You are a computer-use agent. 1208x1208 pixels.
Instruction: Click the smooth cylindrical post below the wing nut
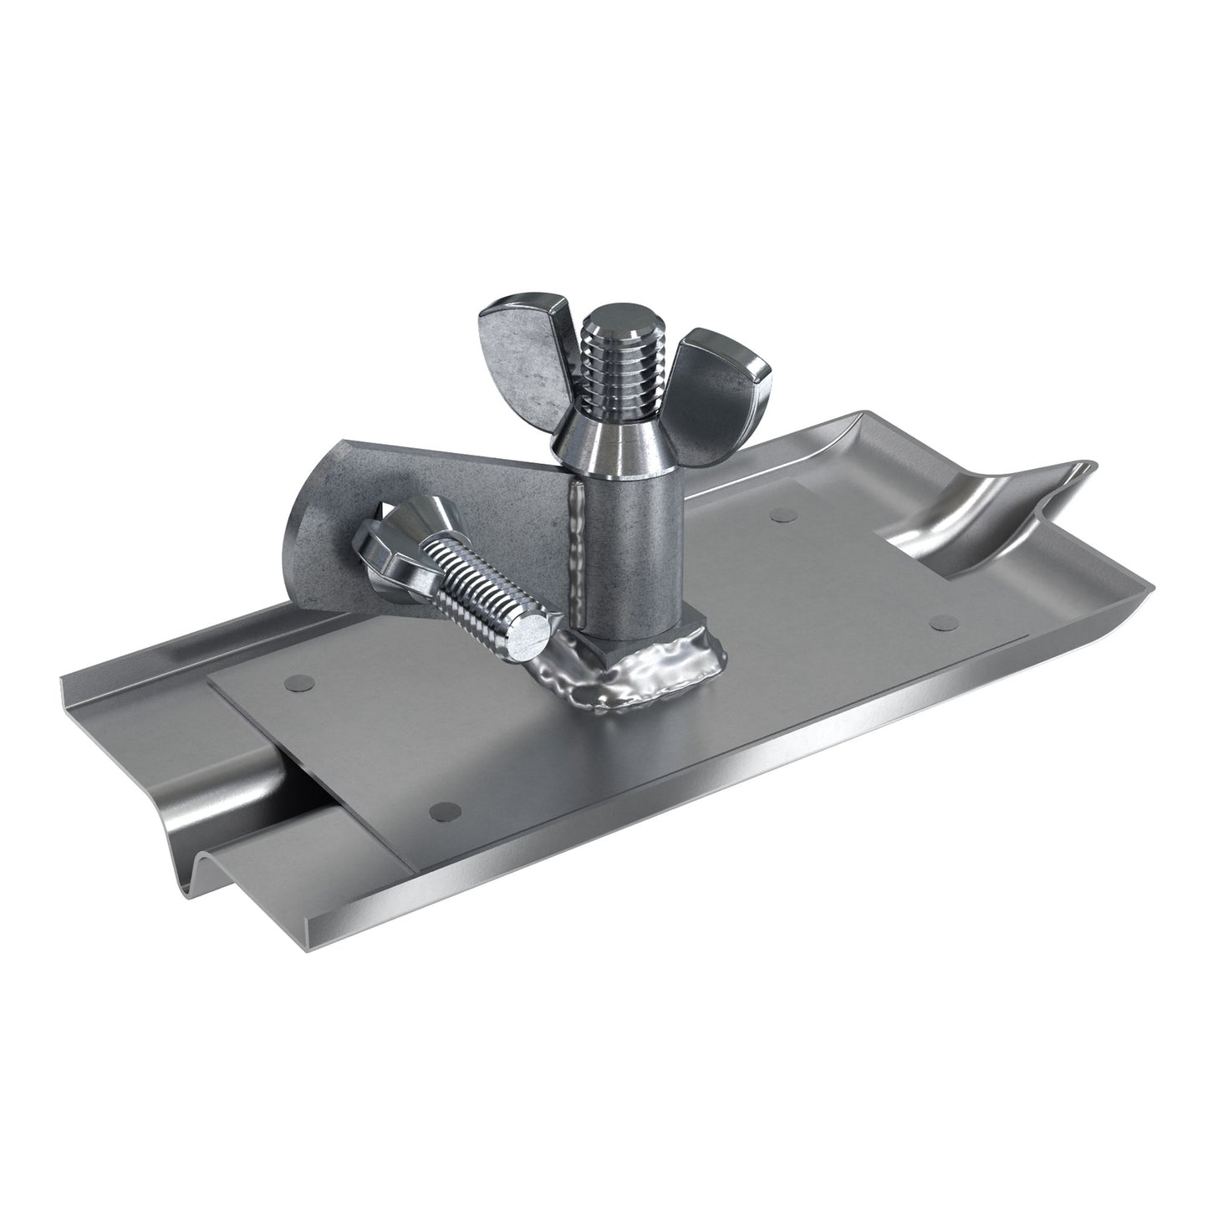[635, 552]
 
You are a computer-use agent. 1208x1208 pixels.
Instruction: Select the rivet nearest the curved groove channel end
[943, 621]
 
